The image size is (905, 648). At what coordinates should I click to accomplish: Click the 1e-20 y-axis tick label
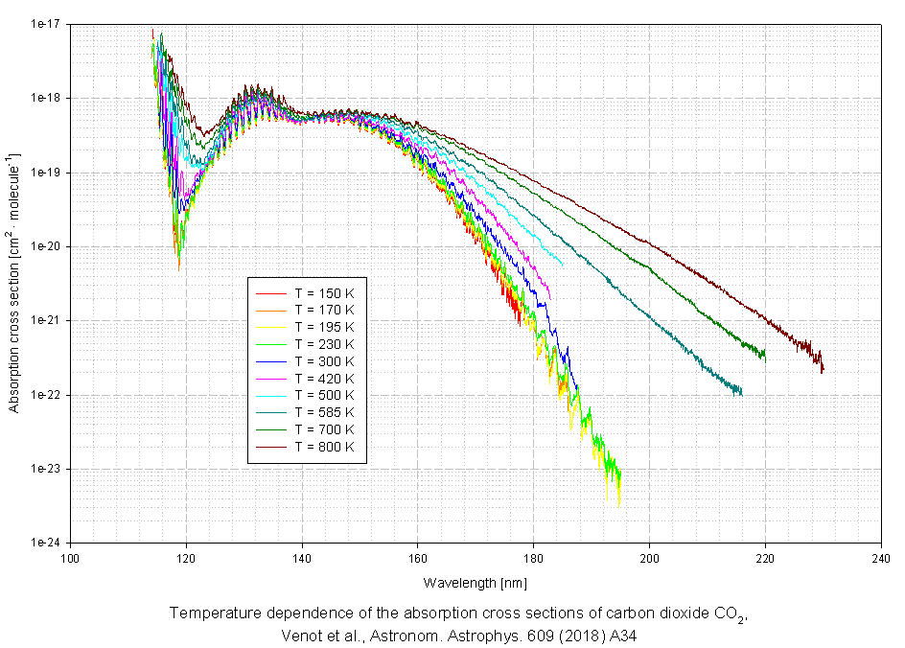click(x=49, y=246)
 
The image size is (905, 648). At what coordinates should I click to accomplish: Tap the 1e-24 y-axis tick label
click(x=49, y=543)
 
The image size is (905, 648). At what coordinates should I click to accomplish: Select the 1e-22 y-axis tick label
click(x=49, y=395)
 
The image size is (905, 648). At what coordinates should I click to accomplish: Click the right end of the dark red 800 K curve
click(x=823, y=369)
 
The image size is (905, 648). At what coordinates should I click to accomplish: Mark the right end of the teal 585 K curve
click(x=741, y=392)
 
